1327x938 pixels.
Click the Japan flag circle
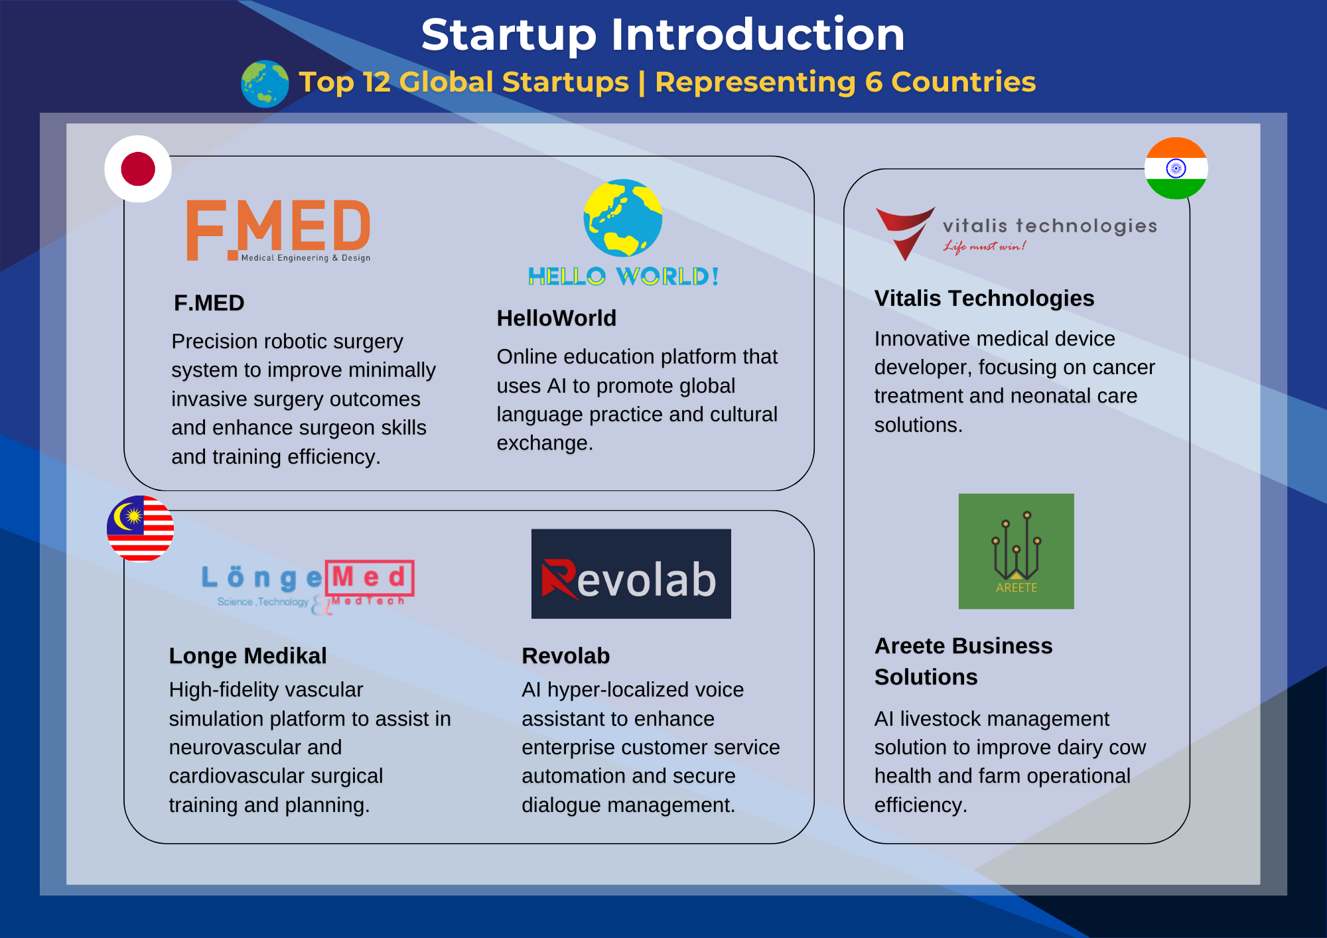(x=138, y=169)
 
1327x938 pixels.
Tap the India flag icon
(x=1176, y=168)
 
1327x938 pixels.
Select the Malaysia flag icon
(x=140, y=529)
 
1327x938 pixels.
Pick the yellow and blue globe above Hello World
(x=623, y=218)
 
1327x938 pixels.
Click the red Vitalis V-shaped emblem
(x=905, y=233)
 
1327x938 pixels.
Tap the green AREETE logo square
(x=1016, y=551)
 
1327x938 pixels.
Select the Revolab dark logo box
(x=631, y=574)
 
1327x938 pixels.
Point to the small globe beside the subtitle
(x=265, y=84)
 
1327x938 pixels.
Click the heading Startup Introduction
(x=663, y=34)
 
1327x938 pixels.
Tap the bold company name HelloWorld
(x=557, y=318)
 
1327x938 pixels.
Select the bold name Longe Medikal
(x=247, y=656)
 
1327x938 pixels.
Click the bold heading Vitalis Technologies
(x=984, y=299)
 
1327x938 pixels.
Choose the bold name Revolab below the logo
(x=566, y=656)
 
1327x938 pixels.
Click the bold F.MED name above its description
(x=209, y=303)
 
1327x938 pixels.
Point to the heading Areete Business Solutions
(x=963, y=661)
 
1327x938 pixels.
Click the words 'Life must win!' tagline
(x=985, y=247)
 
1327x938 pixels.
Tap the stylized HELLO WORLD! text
(x=624, y=276)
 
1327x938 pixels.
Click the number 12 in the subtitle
(x=377, y=82)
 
